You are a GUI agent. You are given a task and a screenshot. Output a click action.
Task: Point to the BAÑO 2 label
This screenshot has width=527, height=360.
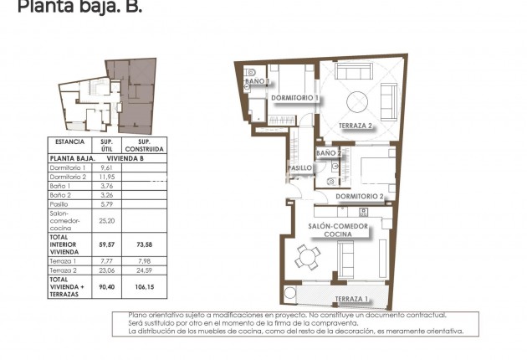coord(328,154)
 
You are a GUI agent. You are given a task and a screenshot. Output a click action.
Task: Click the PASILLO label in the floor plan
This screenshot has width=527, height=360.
coord(299,168)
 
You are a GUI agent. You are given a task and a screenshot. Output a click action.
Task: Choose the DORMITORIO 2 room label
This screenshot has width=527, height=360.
coord(360,197)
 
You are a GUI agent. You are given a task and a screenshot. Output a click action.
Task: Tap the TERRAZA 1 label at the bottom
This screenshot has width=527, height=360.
coord(350,299)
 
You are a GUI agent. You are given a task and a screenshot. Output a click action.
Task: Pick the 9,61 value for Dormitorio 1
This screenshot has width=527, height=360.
coord(106,167)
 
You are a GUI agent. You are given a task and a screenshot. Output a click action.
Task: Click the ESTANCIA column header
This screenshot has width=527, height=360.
coord(66,142)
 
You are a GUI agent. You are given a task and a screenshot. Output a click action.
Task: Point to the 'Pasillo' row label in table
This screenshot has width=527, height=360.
coord(62,204)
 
